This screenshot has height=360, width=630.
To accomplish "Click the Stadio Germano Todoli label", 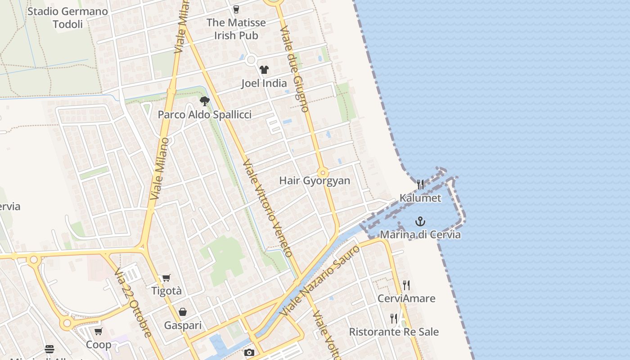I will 67,18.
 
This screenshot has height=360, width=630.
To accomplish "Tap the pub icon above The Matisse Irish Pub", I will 236,9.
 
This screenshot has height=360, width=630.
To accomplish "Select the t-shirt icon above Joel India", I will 264,70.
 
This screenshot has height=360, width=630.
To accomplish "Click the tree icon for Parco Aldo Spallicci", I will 205,101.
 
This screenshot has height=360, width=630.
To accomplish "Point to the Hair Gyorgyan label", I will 315,180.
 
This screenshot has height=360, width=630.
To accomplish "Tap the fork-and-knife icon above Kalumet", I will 420,184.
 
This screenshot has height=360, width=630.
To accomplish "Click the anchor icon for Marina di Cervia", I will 420,221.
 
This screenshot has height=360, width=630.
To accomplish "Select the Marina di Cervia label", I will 420,234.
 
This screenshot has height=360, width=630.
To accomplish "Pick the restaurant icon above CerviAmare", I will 406,285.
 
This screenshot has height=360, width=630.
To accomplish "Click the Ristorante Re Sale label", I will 394,332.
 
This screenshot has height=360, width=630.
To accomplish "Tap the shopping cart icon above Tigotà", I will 166,278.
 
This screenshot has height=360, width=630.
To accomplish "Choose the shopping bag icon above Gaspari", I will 183,312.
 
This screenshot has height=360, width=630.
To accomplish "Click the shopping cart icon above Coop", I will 99,332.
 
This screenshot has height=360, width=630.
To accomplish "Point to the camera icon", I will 249,353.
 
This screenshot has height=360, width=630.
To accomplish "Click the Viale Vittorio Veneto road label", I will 268,208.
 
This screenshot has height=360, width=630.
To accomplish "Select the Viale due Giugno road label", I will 295,68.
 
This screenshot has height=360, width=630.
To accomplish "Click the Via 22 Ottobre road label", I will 133,302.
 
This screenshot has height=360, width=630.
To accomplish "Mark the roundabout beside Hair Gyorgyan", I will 323,173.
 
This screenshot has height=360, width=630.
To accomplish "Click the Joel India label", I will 264,83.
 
